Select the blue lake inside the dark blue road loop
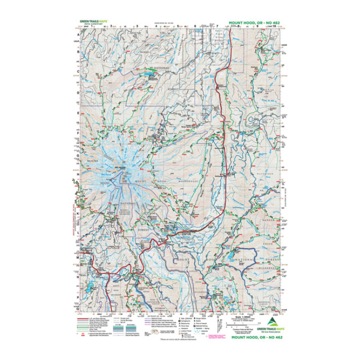(233, 258)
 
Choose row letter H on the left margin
(77, 175)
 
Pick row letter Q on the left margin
(77, 305)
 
